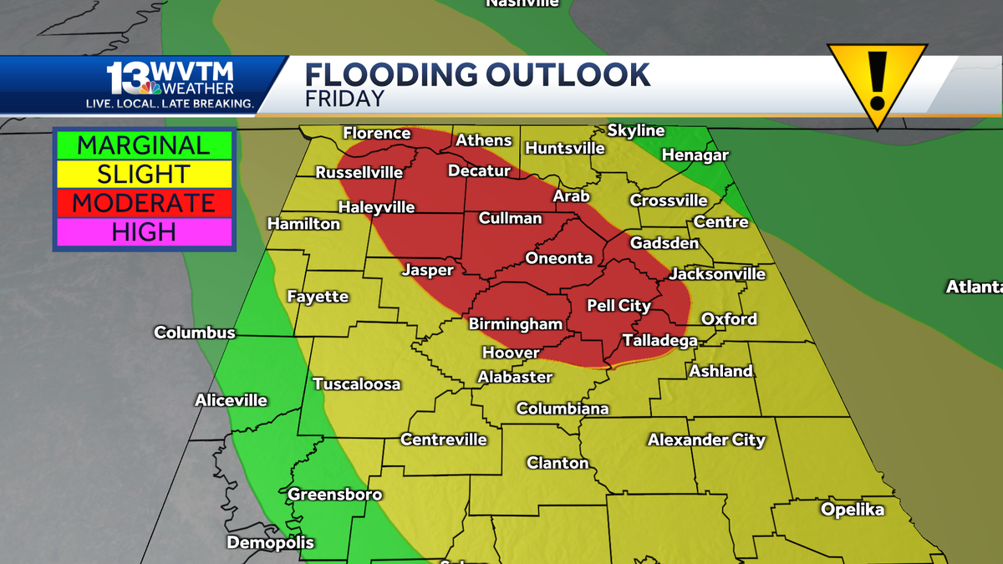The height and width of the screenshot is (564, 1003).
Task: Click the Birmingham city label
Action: click(x=515, y=324)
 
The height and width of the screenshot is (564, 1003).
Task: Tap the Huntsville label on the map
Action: click(x=565, y=148)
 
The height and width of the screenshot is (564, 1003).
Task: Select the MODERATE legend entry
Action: click(x=144, y=203)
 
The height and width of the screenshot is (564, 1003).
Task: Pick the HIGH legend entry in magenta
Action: click(x=144, y=231)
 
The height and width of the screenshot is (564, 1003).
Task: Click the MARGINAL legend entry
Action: click(x=144, y=145)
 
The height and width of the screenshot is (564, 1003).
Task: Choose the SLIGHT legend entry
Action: click(x=144, y=175)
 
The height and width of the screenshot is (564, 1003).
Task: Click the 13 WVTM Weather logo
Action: click(x=171, y=84)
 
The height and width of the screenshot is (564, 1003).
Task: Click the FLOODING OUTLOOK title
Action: click(x=471, y=74)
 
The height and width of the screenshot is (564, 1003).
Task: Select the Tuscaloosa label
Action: click(x=357, y=384)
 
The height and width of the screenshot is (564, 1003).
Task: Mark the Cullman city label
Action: click(x=510, y=219)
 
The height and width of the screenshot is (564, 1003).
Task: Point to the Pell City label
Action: click(x=619, y=306)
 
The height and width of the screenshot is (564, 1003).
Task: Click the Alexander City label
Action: click(x=706, y=440)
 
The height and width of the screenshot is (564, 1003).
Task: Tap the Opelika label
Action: click(x=852, y=509)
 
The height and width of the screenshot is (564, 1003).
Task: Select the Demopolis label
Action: click(x=271, y=542)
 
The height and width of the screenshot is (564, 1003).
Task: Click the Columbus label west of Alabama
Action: click(x=195, y=333)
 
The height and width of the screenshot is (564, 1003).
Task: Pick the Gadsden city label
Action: click(x=664, y=243)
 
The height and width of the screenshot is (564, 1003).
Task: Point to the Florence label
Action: click(x=377, y=134)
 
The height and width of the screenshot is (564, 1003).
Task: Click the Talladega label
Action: click(x=659, y=340)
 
